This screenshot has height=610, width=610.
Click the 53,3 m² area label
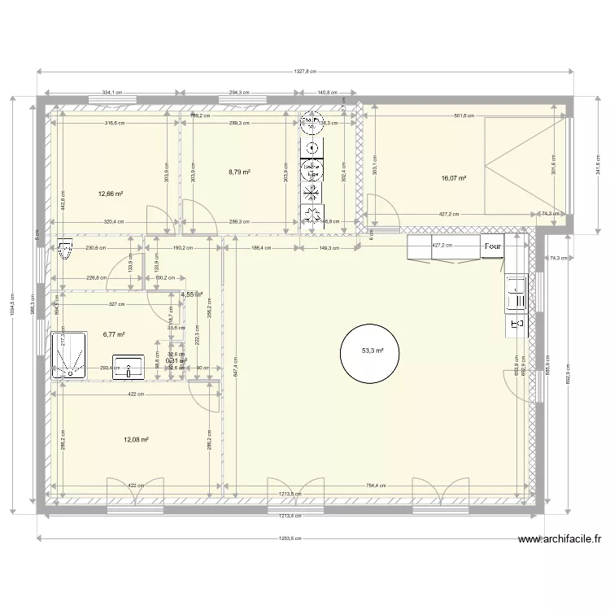373,351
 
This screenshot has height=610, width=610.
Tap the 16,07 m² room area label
454,176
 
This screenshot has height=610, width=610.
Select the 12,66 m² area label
111,194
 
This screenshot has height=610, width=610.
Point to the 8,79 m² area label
239,172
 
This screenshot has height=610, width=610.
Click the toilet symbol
65,252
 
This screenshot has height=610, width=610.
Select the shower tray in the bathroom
69,356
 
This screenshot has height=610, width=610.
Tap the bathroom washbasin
129,366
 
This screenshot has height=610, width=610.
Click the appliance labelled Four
492,246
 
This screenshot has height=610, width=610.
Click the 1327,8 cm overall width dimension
306,72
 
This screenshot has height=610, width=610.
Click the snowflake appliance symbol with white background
312,192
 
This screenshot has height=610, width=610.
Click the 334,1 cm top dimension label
112,93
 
